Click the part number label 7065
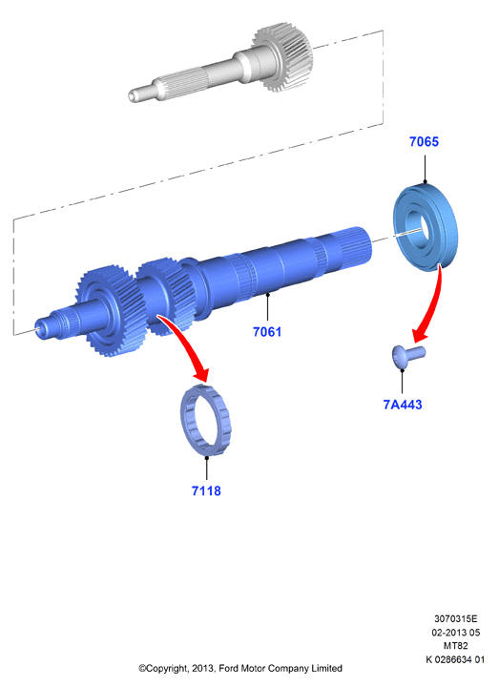click(x=424, y=141)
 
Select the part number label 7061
click(x=267, y=332)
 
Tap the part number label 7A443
click(x=403, y=405)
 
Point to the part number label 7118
click(x=206, y=490)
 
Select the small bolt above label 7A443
click(x=408, y=356)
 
